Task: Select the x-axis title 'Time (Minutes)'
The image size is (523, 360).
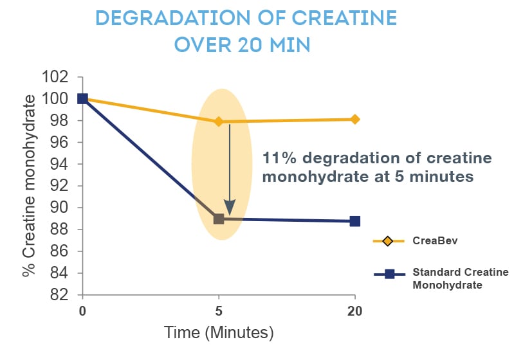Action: [219, 333]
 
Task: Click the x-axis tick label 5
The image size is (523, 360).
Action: [219, 311]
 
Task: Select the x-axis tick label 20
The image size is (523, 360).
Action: [354, 311]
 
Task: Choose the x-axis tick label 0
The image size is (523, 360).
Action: [82, 311]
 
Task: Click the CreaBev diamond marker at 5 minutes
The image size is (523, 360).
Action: [219, 122]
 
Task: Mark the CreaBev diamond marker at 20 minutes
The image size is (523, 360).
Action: [354, 119]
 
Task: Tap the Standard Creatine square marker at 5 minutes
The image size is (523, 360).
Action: [219, 219]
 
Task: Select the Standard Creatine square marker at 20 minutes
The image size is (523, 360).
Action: [354, 221]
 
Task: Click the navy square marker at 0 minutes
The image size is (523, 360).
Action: [82, 98]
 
